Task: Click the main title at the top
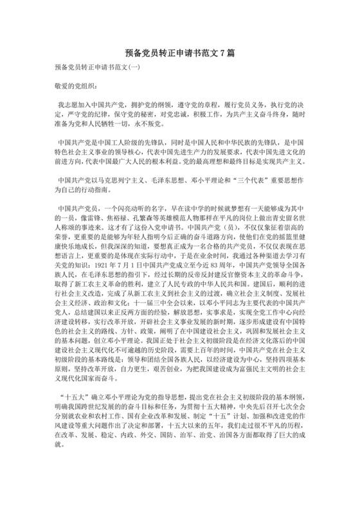[179, 55]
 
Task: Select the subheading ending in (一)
[97, 67]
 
